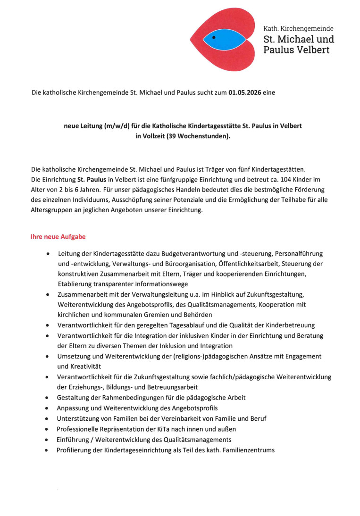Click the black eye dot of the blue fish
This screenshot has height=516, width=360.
(x=214, y=37)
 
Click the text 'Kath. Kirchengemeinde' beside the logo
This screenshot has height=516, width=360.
(x=298, y=29)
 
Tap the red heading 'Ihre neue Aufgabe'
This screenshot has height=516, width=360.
(x=58, y=236)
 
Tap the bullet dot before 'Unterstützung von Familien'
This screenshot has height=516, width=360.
(x=48, y=419)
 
